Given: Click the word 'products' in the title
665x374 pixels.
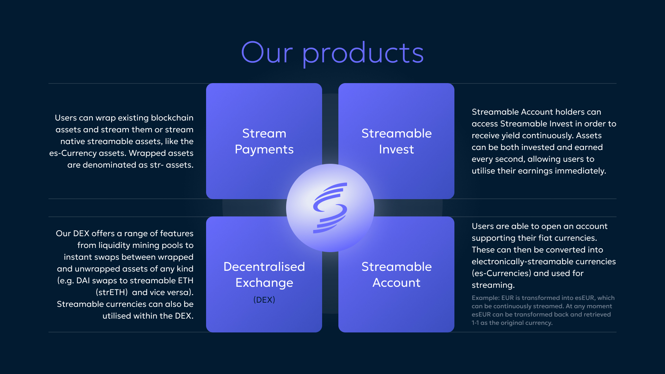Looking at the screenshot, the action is (x=363, y=54).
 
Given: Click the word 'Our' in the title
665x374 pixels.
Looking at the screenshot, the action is (x=267, y=52).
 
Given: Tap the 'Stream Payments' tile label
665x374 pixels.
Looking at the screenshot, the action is (x=264, y=141).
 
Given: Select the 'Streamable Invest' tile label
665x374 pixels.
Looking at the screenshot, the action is (x=397, y=141).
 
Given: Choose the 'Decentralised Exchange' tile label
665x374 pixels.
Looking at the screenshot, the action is (x=264, y=275).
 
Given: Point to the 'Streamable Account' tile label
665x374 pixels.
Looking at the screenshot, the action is (x=397, y=275).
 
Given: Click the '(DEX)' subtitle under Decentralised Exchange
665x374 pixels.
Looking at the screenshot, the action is (x=264, y=300).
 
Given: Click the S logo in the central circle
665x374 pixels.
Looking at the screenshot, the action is (x=330, y=208).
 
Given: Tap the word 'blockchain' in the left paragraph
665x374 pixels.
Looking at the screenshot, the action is (x=172, y=118).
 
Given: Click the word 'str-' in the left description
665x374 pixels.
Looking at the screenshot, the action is (x=157, y=165).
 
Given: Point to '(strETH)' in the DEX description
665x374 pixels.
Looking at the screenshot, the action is (x=112, y=293).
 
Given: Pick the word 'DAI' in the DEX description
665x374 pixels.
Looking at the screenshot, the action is (x=83, y=280).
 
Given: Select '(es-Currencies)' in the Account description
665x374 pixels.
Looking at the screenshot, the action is (x=502, y=274).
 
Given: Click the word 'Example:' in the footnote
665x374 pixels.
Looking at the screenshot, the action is (x=486, y=298).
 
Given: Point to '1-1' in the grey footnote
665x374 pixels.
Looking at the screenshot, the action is (x=475, y=323).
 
